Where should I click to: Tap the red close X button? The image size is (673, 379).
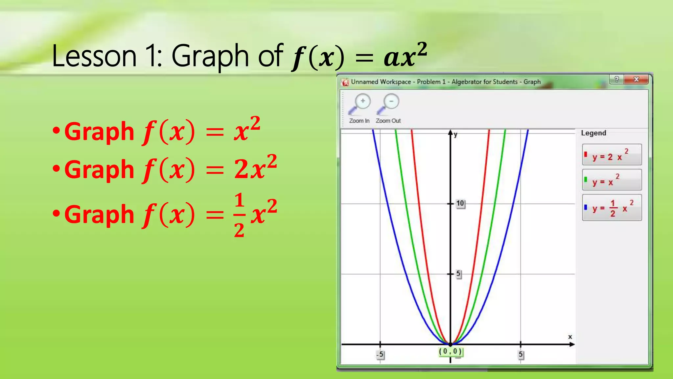point(636,79)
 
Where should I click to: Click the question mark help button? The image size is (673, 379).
point(617,79)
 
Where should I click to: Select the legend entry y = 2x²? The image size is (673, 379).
point(612,155)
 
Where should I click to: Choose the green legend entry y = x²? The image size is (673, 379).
point(612,180)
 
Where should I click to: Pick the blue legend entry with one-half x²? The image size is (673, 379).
point(612,208)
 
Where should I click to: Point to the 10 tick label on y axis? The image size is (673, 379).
point(460,204)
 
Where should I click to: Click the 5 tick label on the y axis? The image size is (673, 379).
point(458,274)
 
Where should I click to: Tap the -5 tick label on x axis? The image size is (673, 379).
point(380,355)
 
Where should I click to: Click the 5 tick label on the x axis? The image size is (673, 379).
point(521,355)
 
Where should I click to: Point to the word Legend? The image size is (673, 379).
point(593,133)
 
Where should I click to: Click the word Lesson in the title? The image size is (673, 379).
point(94,56)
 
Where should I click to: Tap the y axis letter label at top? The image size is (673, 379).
point(455,135)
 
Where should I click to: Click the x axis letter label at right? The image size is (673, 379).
point(570,337)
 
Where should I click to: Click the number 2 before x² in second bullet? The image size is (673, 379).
point(242,169)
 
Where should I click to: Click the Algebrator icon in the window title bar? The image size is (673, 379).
point(345,82)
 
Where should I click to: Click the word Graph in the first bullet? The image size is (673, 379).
point(99,132)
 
